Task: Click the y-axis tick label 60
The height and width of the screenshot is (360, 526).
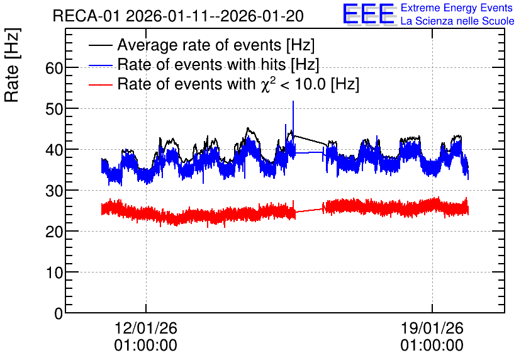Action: pyautogui.click(x=54, y=69)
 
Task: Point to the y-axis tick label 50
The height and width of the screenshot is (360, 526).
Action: pyautogui.click(x=54, y=110)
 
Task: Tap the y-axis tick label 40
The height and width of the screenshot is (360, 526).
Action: pyautogui.click(x=54, y=150)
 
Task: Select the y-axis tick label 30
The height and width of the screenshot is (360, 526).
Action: pyautogui.click(x=54, y=191)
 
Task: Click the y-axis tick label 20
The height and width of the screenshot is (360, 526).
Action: pyautogui.click(x=54, y=232)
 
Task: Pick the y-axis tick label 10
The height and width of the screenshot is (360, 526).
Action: pyautogui.click(x=54, y=273)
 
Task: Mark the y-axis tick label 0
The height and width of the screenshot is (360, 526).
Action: pyautogui.click(x=59, y=313)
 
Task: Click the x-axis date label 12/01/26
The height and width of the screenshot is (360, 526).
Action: pyautogui.click(x=145, y=328)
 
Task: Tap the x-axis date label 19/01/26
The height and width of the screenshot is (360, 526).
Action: pyautogui.click(x=432, y=328)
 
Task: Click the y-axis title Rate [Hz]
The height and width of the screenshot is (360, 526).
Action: pyautogui.click(x=12, y=65)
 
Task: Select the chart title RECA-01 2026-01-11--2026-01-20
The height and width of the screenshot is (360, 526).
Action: pyautogui.click(x=178, y=16)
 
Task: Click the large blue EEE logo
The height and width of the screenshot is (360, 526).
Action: pyautogui.click(x=369, y=14)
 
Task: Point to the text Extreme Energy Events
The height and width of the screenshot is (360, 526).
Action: pyautogui.click(x=457, y=8)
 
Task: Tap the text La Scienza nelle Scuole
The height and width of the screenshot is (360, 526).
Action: pyautogui.click(x=457, y=21)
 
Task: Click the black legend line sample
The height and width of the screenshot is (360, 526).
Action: pyautogui.click(x=100, y=45)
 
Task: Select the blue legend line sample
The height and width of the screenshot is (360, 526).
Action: pyautogui.click(x=100, y=65)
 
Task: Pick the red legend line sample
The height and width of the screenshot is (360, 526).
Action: pyautogui.click(x=100, y=84)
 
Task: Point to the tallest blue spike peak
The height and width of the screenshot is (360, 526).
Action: pyautogui.click(x=293, y=101)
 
